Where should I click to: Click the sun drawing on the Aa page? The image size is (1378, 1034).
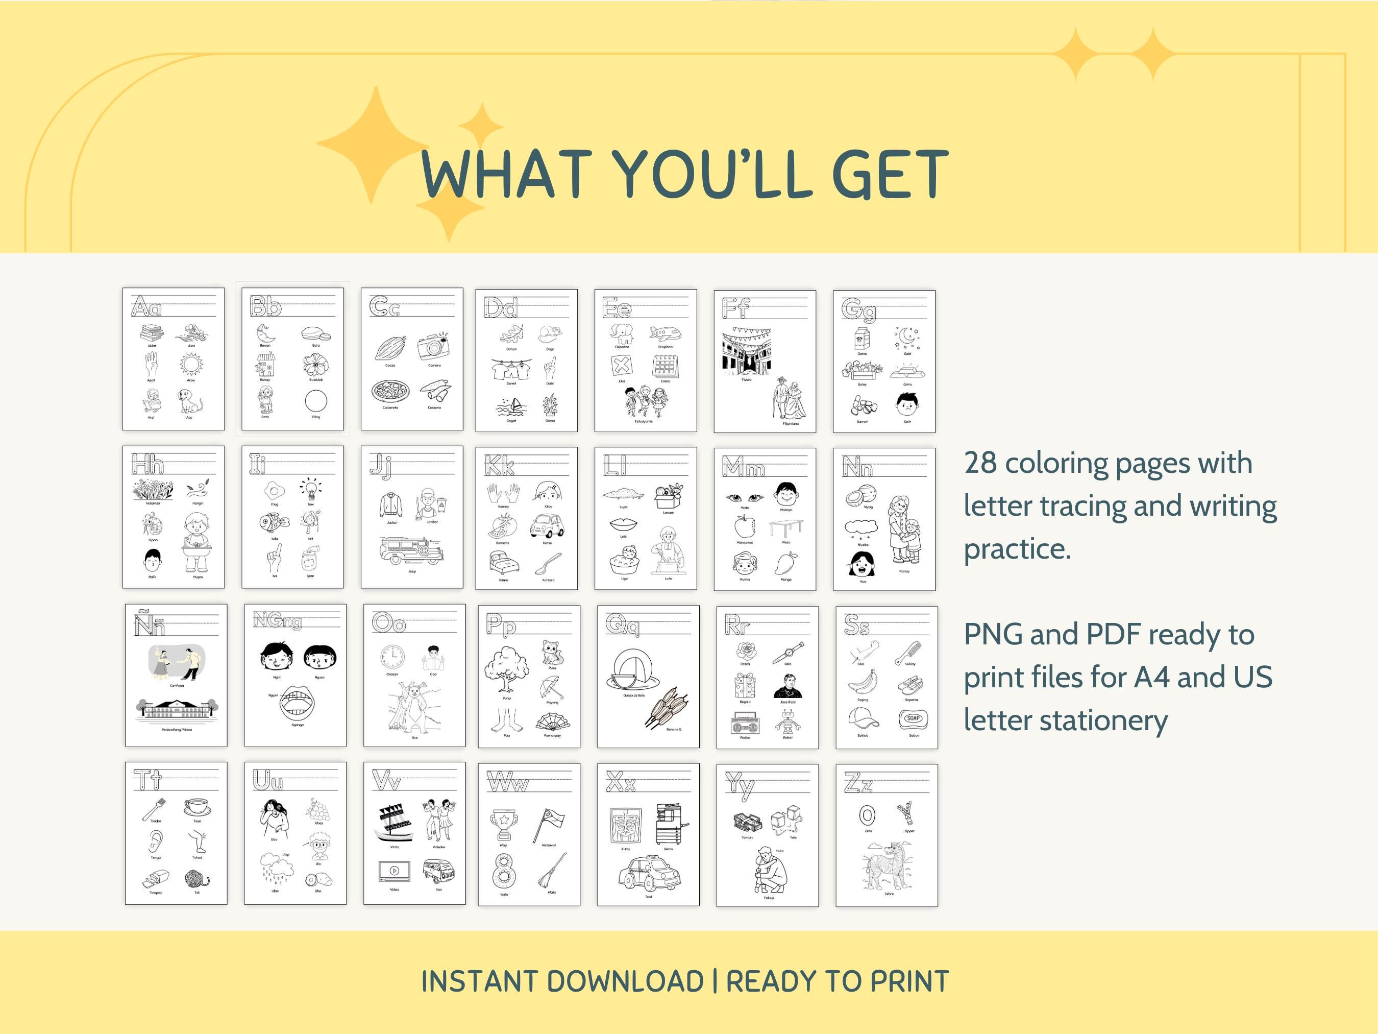click(x=191, y=364)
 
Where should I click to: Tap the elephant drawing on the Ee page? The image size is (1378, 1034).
click(x=622, y=333)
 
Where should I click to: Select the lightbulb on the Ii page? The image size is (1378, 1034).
click(x=310, y=489)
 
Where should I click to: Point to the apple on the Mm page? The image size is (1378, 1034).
click(x=745, y=526)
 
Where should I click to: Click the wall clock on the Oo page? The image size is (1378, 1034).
click(x=392, y=658)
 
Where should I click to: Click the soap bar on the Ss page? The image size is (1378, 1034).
click(x=913, y=718)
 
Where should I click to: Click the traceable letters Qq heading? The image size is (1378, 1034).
click(x=622, y=624)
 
